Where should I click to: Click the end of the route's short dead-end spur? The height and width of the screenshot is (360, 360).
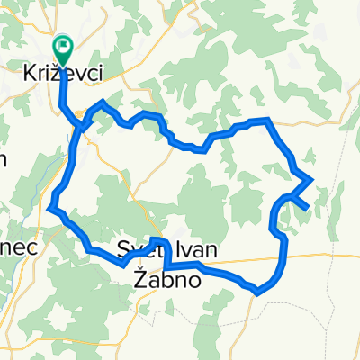pos(307,208)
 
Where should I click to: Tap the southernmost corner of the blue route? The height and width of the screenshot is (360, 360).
pos(258,292)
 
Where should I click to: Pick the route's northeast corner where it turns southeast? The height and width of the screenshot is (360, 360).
pos(267,120)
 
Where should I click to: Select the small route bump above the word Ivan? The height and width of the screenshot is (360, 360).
pos(158,241)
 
